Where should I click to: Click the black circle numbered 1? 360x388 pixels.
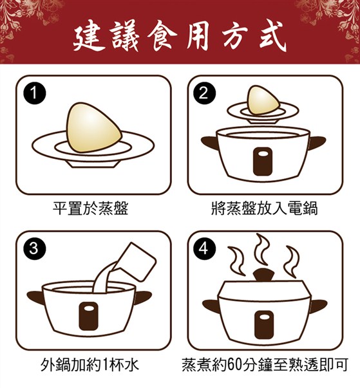(34, 93)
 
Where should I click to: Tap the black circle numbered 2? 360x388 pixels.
(204, 93)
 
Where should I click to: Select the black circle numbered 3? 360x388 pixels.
(34, 248)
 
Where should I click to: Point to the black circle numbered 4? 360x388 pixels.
(204, 248)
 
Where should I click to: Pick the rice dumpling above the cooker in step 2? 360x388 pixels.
(263, 100)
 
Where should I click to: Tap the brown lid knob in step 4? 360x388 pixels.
(263, 274)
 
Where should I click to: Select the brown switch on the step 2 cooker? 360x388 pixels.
(263, 162)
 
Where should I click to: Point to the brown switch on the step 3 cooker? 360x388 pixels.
(89, 316)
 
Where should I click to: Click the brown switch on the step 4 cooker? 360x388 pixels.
(264, 325)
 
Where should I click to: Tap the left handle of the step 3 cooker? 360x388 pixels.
(35, 297)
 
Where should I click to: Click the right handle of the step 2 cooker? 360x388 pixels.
(317, 142)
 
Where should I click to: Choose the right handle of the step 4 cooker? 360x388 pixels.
(319, 306)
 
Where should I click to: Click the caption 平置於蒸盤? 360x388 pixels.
(90, 208)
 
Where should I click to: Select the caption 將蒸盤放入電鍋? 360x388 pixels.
(265, 208)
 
